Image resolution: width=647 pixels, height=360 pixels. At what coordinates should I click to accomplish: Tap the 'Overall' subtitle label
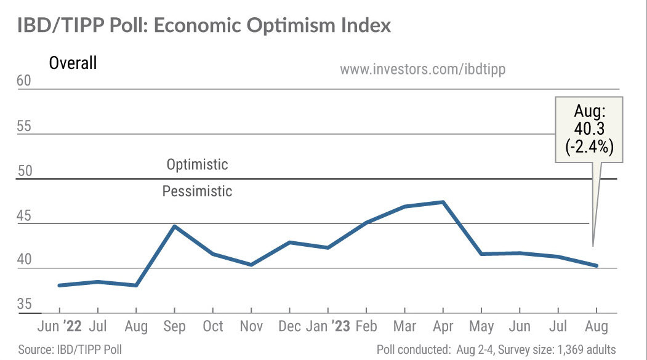tap(73, 63)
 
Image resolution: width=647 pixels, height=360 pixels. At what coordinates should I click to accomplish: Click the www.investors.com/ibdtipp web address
tap(422, 69)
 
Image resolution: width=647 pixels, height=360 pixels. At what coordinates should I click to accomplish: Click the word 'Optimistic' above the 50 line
tap(197, 165)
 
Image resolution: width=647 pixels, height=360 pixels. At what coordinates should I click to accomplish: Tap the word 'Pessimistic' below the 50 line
tap(197, 191)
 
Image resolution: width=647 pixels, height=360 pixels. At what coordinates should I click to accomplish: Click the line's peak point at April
tap(443, 202)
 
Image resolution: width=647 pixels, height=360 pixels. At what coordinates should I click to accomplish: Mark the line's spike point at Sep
tap(175, 226)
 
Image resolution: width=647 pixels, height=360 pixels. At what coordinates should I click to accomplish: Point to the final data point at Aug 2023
tap(596, 266)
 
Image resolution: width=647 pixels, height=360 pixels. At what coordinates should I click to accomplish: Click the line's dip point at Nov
tap(252, 265)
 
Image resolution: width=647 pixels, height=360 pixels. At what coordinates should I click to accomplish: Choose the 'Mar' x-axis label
tap(405, 326)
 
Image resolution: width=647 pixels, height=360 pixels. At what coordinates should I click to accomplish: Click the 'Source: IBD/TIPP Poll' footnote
tap(70, 350)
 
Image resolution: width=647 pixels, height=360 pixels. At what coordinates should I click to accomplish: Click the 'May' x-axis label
tap(481, 326)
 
